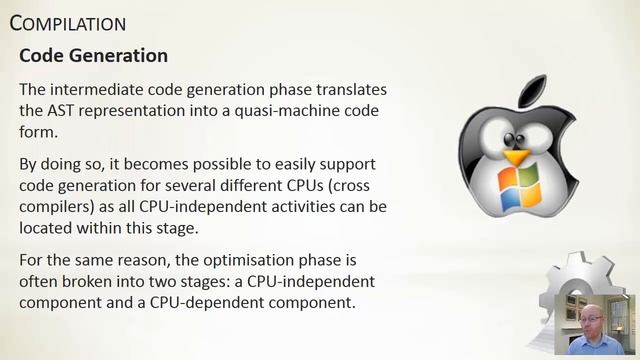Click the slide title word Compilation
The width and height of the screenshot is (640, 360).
pos(68,22)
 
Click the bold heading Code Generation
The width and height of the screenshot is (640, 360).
pos(93,54)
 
